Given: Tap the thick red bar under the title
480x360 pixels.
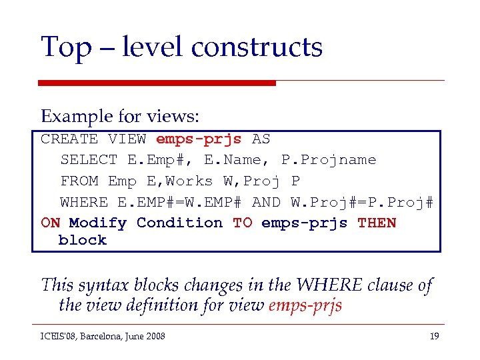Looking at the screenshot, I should pyautogui.click(x=157, y=83).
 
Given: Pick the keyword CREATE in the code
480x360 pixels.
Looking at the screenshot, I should pyautogui.click(x=69, y=139).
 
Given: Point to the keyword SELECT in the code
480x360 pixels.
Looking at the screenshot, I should pyautogui.click(x=89, y=160).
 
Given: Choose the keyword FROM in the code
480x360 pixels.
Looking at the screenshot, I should pyautogui.click(x=79, y=181).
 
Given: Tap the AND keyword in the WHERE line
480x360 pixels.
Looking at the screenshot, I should pyautogui.click(x=267, y=202).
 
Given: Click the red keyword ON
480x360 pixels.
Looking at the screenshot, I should pyautogui.click(x=50, y=223).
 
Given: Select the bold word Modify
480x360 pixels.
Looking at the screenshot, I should pyautogui.click(x=97, y=223).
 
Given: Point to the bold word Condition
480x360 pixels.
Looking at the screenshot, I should pyautogui.click(x=179, y=223).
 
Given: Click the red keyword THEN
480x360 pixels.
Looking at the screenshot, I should pyautogui.click(x=377, y=223).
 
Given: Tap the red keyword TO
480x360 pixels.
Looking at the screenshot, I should pyautogui.click(x=242, y=223).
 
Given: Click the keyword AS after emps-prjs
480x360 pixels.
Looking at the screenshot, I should pyautogui.click(x=261, y=139).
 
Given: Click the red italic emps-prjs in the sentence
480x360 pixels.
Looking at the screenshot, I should pyautogui.click(x=305, y=305).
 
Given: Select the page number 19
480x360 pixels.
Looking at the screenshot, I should pyautogui.click(x=434, y=336).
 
